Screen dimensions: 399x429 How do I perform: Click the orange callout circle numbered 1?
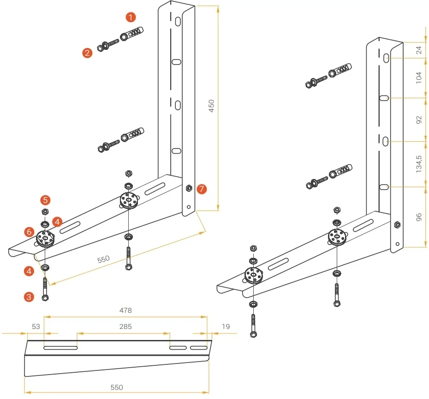pos(131,18)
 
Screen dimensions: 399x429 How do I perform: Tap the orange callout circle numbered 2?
pos(87,53)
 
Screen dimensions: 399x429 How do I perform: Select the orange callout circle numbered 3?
pos(30,297)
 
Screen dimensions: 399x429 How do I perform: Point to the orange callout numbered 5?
pos(45,200)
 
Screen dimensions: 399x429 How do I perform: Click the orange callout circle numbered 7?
pos(201,189)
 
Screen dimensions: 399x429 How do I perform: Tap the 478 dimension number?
pos(125,310)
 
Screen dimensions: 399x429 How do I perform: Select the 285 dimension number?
pos(125,327)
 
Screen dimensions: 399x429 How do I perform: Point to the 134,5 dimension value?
pos(419,164)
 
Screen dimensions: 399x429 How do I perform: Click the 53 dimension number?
pos(36,327)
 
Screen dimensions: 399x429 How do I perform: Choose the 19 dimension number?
pos(226,327)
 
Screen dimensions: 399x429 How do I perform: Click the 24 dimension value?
pos(419,50)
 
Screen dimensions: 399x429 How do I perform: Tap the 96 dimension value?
pos(419,217)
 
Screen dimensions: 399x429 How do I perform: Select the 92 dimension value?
pos(419,119)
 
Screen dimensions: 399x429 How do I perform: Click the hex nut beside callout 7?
pos(189,188)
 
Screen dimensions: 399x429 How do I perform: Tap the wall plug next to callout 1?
pos(132,34)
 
